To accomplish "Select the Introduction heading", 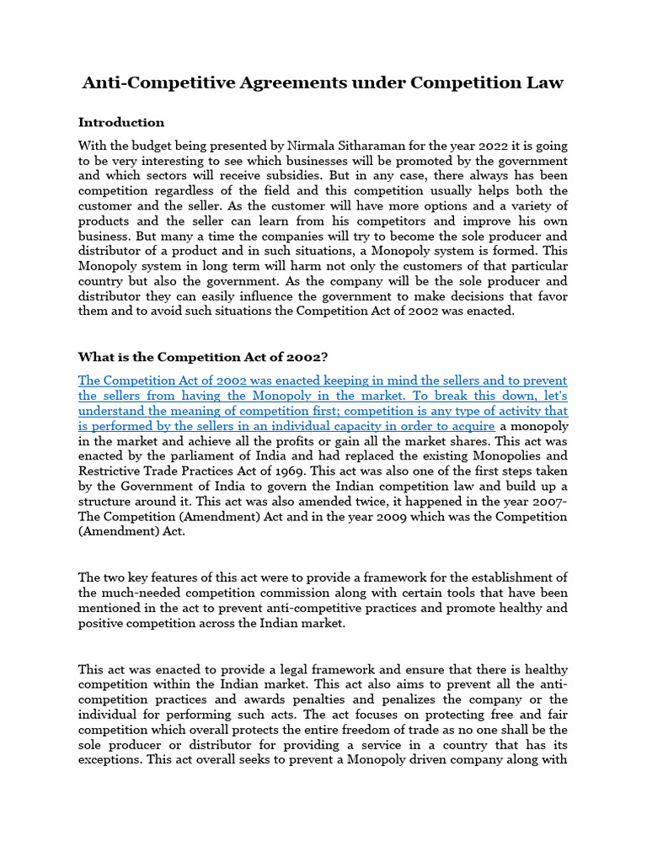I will click(121, 123).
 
